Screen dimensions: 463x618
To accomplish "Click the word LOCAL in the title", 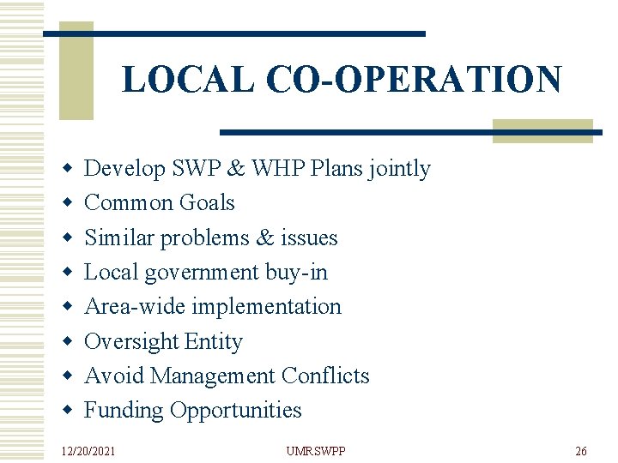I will pyautogui.click(x=187, y=79).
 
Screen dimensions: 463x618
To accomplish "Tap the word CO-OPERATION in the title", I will pyautogui.click(x=414, y=79).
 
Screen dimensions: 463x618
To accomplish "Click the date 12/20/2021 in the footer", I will pyautogui.click(x=88, y=451).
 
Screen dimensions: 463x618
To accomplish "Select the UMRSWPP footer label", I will pyautogui.click(x=315, y=451).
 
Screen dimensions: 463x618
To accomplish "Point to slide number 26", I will pyautogui.click(x=580, y=451).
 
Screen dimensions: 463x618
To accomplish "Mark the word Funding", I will pyautogui.click(x=124, y=411).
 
